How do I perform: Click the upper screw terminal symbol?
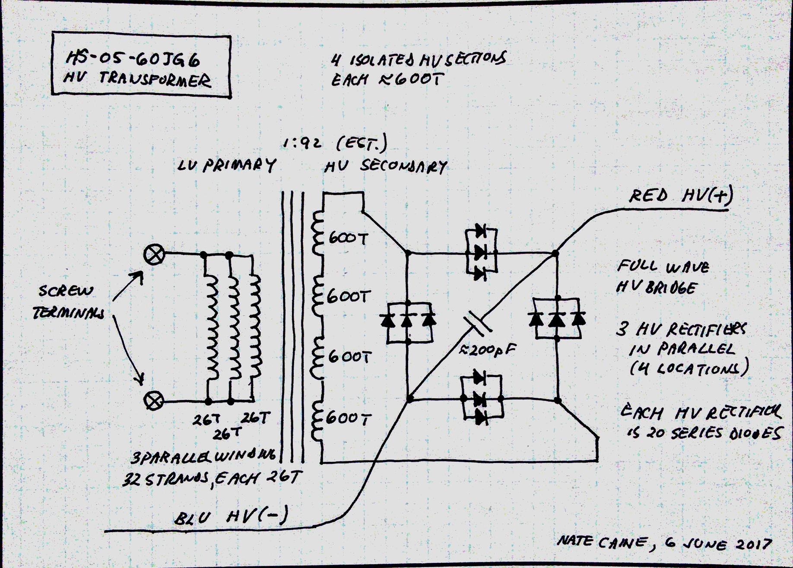[154, 254]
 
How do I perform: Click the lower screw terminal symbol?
[154, 401]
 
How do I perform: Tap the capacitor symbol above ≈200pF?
[477, 324]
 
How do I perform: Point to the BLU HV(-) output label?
[231, 517]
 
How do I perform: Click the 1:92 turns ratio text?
[302, 143]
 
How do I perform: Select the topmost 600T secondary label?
[348, 238]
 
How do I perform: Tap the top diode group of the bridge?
[480, 252]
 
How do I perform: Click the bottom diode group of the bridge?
[480, 399]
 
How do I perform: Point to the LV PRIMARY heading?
[226, 165]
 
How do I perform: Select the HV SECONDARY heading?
[385, 166]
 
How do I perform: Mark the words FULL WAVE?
[663, 267]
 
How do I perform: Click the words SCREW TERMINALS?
[68, 302]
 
